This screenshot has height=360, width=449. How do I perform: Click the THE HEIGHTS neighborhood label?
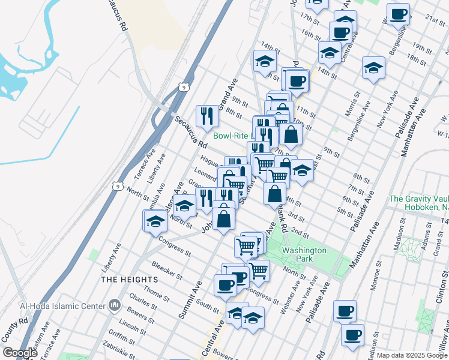pyautogui.click(x=130, y=280)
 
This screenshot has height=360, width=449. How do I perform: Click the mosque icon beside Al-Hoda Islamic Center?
pyautogui.click(x=115, y=306)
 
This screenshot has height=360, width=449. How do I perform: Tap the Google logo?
pyautogui.click(x=20, y=353)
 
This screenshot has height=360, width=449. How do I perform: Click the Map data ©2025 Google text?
pyautogui.click(x=412, y=355)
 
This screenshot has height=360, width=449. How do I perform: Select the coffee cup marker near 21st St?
pyautogui.click(x=398, y=14)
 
